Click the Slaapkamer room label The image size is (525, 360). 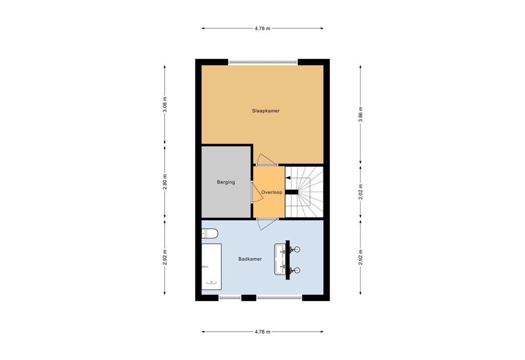(266, 111)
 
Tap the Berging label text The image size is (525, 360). (226, 182)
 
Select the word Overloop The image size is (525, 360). (272, 192)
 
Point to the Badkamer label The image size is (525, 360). (250, 259)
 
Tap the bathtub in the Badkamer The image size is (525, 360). (211, 267)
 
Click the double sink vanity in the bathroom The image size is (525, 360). (284, 259)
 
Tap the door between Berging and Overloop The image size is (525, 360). (252, 192)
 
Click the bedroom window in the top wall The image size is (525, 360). (263, 63)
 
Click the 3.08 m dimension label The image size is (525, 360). (165, 105)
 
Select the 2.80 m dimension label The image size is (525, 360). (165, 182)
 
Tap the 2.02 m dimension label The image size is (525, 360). (360, 192)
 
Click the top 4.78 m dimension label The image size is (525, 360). (262, 28)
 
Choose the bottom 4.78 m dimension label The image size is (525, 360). (262, 332)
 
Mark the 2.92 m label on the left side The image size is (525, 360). (165, 257)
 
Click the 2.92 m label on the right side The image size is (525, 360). (360, 257)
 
